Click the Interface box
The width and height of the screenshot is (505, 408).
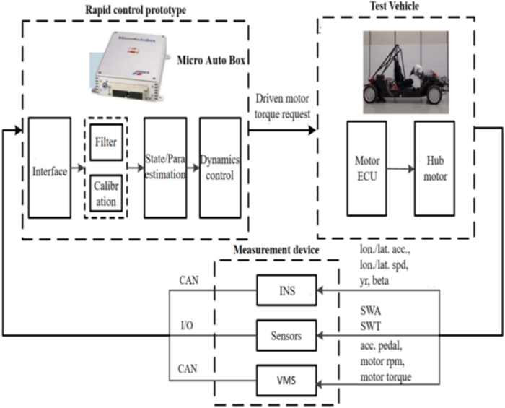pos(49,170)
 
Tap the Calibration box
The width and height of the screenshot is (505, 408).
pos(107,193)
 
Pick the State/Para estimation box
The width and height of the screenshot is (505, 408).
pos(166,167)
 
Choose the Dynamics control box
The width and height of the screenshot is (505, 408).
pos(219,167)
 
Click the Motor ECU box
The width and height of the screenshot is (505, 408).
pos(367,168)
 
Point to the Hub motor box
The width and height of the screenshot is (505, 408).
pos(434,168)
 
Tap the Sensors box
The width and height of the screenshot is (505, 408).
pos(286,334)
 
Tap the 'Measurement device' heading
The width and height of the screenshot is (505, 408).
pos(276,250)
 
